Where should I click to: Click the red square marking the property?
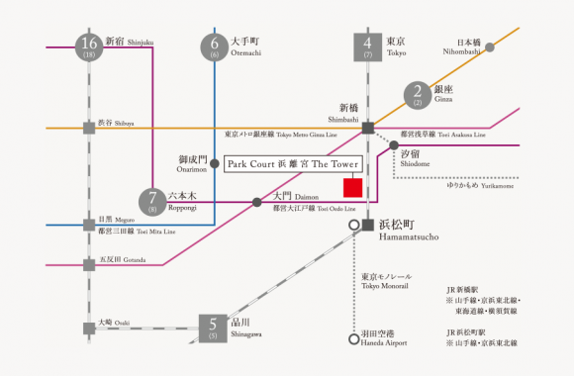350,187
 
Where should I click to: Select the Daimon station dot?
256,202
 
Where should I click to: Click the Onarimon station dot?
215,174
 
